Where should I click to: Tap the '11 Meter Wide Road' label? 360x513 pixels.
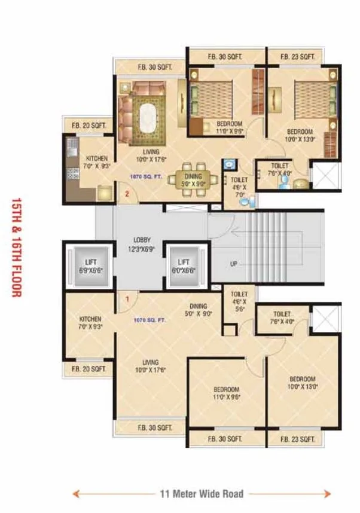coord(202,494)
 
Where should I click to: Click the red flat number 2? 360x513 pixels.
coord(127,193)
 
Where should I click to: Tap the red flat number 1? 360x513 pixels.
coord(127,298)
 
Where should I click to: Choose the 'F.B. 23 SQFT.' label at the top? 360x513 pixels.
coord(298,57)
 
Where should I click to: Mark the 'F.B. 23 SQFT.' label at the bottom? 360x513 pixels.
coord(298,439)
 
